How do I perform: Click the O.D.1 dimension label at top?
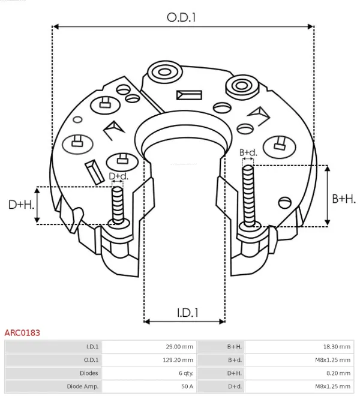tap(181, 17)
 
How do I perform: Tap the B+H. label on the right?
tap(344, 199)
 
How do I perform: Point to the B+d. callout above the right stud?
tap(248, 152)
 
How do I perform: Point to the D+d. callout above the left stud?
tap(118, 176)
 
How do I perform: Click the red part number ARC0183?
tap(22, 332)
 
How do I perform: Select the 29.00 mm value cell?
tap(179, 346)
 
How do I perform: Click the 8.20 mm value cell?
tap(340, 373)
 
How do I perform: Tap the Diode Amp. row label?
tap(83, 386)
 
